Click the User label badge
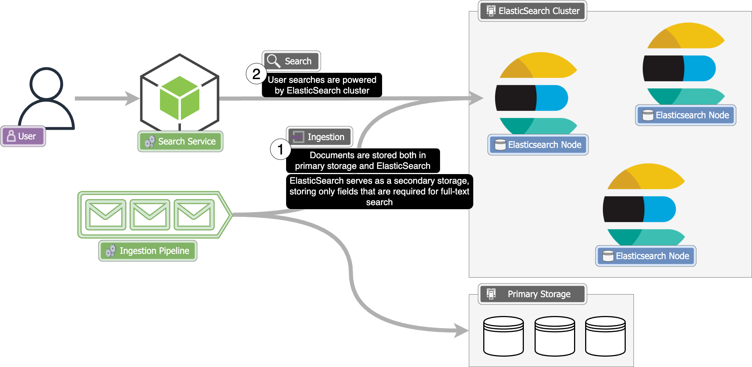pos(23,136)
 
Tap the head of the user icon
pos(47,84)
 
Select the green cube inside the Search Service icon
pos(179,98)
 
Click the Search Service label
pos(180,141)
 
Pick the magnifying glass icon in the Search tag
pos(274,61)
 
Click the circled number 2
pos(256,74)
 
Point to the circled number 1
pos(281,149)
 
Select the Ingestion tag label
pos(319,137)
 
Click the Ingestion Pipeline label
pos(148,251)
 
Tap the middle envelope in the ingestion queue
pos(150,215)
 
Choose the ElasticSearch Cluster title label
pos(532,11)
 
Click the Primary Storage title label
pos(532,294)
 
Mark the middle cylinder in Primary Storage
pos(554,336)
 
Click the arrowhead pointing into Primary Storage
pos(461,330)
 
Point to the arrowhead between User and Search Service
pos(132,98)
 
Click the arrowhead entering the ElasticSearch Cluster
pos(476,98)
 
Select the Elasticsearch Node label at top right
pos(686,115)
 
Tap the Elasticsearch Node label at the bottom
pos(646,256)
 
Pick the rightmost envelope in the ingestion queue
pos(194,215)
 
